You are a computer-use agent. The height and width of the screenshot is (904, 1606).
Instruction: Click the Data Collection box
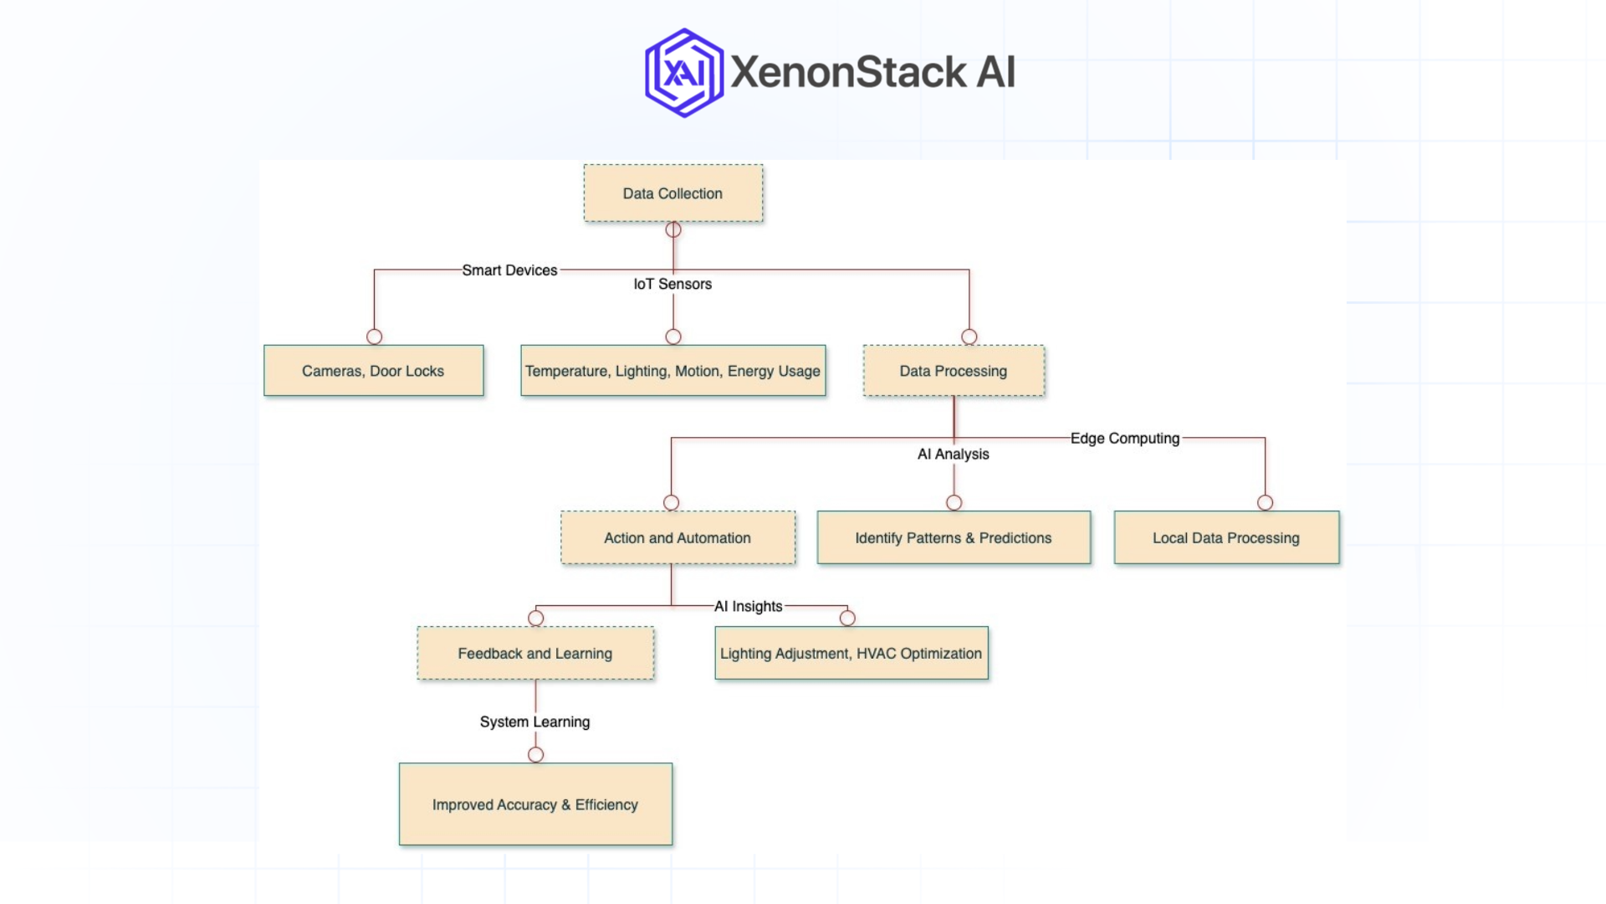pyautogui.click(x=673, y=193)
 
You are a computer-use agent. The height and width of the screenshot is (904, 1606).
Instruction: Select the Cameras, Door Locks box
pyautogui.click(x=373, y=371)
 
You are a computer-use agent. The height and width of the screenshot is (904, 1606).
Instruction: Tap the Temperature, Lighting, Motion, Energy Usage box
pyautogui.click(x=673, y=371)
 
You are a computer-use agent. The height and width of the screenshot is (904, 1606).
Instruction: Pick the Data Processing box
pyautogui.click(x=954, y=371)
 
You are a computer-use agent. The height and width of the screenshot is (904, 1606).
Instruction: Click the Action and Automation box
pyautogui.click(x=678, y=538)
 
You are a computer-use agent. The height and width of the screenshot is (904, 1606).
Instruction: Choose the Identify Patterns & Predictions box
pyautogui.click(x=954, y=538)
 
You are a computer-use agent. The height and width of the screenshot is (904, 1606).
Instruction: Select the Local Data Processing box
pyautogui.click(x=1226, y=538)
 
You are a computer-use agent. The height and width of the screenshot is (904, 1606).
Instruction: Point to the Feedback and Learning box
pyautogui.click(x=535, y=654)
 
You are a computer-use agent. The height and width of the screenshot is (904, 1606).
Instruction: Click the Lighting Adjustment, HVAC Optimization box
pyautogui.click(x=851, y=654)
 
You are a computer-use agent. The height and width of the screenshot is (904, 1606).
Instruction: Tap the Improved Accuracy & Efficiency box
pyautogui.click(x=535, y=804)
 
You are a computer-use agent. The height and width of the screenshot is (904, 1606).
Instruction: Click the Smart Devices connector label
pyautogui.click(x=509, y=270)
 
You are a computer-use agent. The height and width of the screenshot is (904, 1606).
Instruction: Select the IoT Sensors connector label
pyautogui.click(x=673, y=285)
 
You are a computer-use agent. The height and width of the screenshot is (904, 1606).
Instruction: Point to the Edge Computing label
pyautogui.click(x=1125, y=439)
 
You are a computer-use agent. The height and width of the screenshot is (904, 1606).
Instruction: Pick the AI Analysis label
pyautogui.click(x=954, y=455)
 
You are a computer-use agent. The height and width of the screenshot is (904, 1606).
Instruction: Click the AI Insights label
pyautogui.click(x=749, y=607)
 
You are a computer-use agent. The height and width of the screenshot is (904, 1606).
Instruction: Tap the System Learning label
pyautogui.click(x=535, y=722)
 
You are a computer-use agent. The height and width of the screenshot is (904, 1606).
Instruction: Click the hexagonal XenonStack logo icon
pyautogui.click(x=684, y=73)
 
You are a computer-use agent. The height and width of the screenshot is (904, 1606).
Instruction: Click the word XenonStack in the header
pyautogui.click(x=849, y=73)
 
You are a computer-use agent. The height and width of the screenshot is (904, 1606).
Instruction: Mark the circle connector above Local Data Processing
pyautogui.click(x=1265, y=503)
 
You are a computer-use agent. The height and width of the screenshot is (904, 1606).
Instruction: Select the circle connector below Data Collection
pyautogui.click(x=673, y=229)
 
